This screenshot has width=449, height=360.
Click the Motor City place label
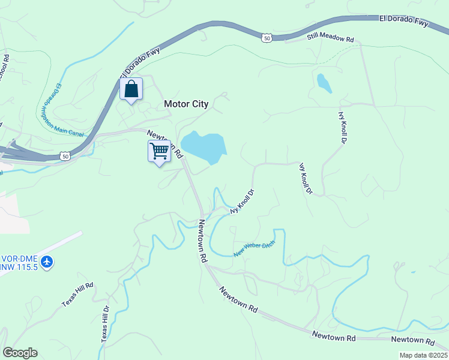[x=186, y=104]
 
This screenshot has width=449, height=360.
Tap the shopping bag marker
[x=131, y=90]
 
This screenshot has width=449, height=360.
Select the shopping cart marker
[x=159, y=151]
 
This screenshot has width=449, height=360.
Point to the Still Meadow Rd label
[x=330, y=38]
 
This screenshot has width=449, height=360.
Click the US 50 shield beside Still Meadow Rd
[x=267, y=38]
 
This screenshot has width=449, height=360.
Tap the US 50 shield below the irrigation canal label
[x=64, y=156]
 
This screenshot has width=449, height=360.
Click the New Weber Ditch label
[x=255, y=248]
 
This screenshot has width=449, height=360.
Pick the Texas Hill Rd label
[x=78, y=295]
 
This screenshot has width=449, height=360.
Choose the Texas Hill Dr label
[x=105, y=325]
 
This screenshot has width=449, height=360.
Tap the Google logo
[x=20, y=353]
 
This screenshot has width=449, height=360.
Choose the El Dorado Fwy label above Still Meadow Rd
[x=404, y=21]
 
